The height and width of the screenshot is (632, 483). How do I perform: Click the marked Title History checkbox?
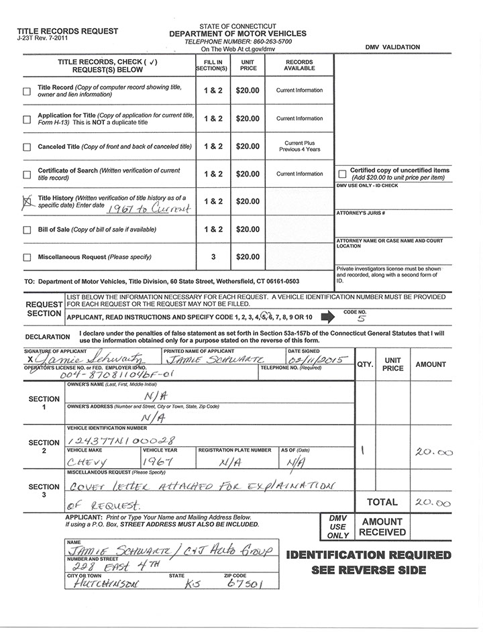28,200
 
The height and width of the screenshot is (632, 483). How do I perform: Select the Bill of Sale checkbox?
27,230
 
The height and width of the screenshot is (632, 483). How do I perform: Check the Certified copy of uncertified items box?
342,174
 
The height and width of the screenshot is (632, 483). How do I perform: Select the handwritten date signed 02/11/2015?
315,360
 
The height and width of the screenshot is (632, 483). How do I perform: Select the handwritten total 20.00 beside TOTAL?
435,503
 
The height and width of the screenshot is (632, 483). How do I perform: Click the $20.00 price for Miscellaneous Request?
248,257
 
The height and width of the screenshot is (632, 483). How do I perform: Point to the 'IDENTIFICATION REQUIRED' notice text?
368,556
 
